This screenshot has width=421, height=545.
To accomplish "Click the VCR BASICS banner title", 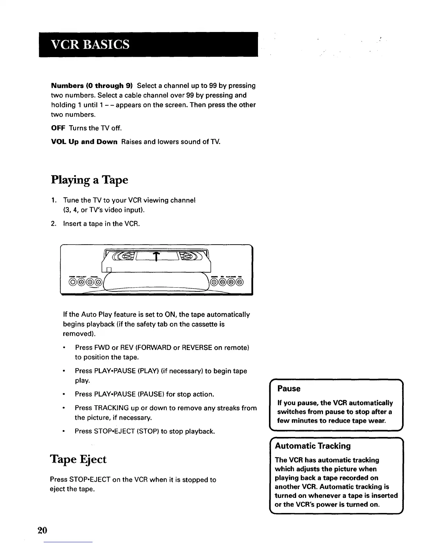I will [90, 44].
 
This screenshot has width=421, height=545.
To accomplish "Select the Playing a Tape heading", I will [89, 180].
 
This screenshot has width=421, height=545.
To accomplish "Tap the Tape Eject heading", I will [78, 459].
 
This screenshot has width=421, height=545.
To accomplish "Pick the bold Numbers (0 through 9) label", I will [92, 86].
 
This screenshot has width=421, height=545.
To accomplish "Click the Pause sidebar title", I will [289, 389].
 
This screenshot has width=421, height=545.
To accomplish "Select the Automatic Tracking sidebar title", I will [313, 446].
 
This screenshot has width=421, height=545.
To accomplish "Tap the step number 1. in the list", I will [53, 200].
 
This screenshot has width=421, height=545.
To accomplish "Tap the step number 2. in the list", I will [53, 224].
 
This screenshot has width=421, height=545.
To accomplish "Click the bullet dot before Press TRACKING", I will [64, 408].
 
